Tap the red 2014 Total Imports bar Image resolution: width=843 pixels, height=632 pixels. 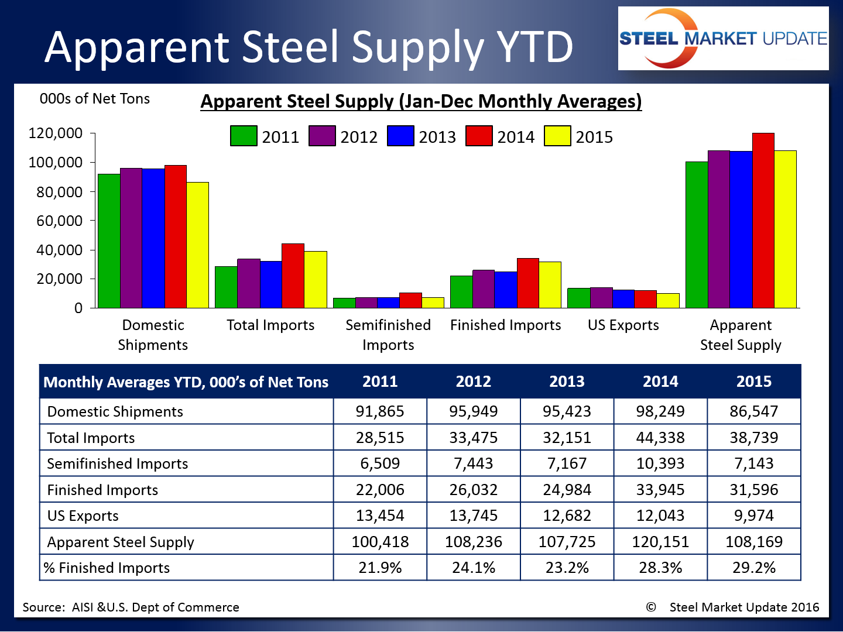pyautogui.click(x=293, y=276)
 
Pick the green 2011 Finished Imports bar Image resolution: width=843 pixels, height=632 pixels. pyautogui.click(x=461, y=291)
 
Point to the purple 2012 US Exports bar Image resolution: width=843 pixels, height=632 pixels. pyautogui.click(x=601, y=297)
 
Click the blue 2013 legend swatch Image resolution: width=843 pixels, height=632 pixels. pyautogui.click(x=400, y=136)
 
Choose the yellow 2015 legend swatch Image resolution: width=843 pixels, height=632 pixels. pyautogui.click(x=557, y=136)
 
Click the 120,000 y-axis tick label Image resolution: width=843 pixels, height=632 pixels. pyautogui.click(x=56, y=133)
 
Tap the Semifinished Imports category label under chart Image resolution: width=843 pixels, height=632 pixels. pyautogui.click(x=388, y=335)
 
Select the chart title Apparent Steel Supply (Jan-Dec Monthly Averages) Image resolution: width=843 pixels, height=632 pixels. pyautogui.click(x=421, y=101)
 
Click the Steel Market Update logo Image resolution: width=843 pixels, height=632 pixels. pyautogui.click(x=723, y=39)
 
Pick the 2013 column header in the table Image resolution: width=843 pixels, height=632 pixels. pyautogui.click(x=567, y=382)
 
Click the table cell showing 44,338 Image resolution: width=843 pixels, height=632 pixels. pyautogui.click(x=660, y=438)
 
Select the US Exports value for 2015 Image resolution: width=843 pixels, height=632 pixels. pyautogui.click(x=754, y=516)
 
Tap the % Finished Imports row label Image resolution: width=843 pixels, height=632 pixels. pyautogui.click(x=107, y=568)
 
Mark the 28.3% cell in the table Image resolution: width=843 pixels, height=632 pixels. pyautogui.click(x=660, y=568)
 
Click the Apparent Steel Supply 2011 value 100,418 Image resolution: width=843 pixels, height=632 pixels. pyautogui.click(x=380, y=542)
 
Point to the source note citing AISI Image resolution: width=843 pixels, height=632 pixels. pyautogui.click(x=131, y=607)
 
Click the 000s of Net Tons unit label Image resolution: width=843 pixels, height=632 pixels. pyautogui.click(x=95, y=99)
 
